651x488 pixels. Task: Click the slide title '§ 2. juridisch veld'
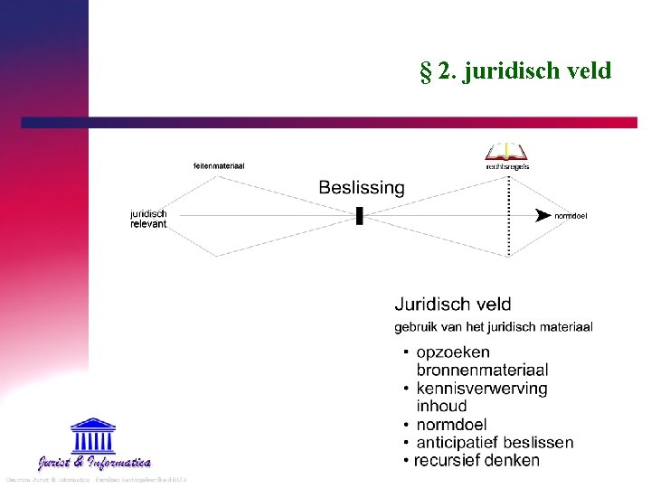pyautogui.click(x=515, y=70)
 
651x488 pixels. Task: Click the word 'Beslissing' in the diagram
pyautogui.click(x=362, y=188)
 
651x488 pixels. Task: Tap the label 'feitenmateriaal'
pyautogui.click(x=219, y=165)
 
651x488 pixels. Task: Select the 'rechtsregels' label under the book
pyautogui.click(x=507, y=166)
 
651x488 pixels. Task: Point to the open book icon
pyautogui.click(x=506, y=150)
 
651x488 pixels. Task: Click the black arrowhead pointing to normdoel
pyautogui.click(x=542, y=215)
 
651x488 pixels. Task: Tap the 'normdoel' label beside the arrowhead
pyautogui.click(x=571, y=216)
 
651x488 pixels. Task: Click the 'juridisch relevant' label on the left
pyautogui.click(x=149, y=219)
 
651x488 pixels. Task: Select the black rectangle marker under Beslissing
pyautogui.click(x=360, y=215)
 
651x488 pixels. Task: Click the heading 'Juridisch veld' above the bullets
pyautogui.click(x=452, y=305)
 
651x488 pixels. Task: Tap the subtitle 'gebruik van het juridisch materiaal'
pyautogui.click(x=494, y=327)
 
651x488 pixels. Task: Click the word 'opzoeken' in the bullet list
pyautogui.click(x=453, y=352)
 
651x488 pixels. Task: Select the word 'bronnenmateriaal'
pyautogui.click(x=482, y=370)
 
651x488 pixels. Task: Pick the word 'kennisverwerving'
pyautogui.click(x=482, y=389)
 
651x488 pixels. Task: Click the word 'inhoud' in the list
pyautogui.click(x=441, y=406)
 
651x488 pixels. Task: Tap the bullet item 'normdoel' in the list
pyautogui.click(x=451, y=424)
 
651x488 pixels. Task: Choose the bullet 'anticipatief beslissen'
pyautogui.click(x=495, y=442)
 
